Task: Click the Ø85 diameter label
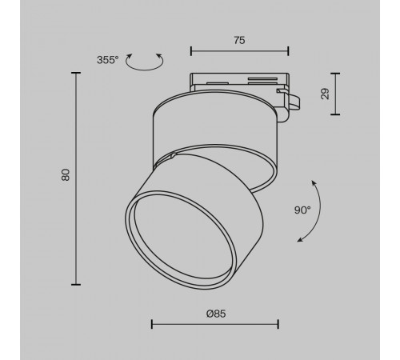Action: tap(214, 314)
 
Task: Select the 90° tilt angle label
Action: tap(302, 210)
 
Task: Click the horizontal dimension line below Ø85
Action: tap(214, 325)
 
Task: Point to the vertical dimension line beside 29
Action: tap(334, 94)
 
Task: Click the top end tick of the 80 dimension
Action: tap(77, 72)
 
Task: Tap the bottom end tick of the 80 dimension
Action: tap(77, 284)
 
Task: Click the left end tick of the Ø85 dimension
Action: tap(151, 325)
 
